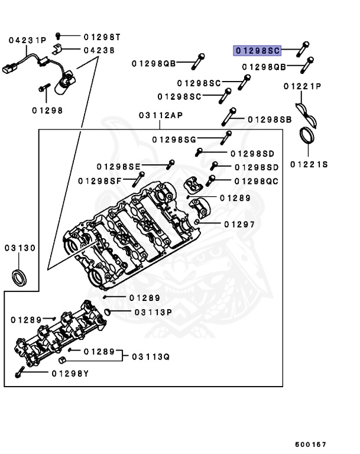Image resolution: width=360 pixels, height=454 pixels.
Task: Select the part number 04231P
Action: pos(27,40)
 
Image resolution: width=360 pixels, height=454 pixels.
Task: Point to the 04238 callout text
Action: pos(99,50)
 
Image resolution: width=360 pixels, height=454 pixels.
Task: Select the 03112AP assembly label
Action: pos(161,115)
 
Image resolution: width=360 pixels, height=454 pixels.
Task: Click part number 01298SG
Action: pos(173,140)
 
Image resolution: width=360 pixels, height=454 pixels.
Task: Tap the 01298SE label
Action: pos(119,166)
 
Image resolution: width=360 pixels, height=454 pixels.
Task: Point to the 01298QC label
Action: pos(256,180)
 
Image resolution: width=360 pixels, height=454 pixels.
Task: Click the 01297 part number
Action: pos(239,224)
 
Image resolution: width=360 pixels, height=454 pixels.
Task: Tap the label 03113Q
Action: pos(150,356)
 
